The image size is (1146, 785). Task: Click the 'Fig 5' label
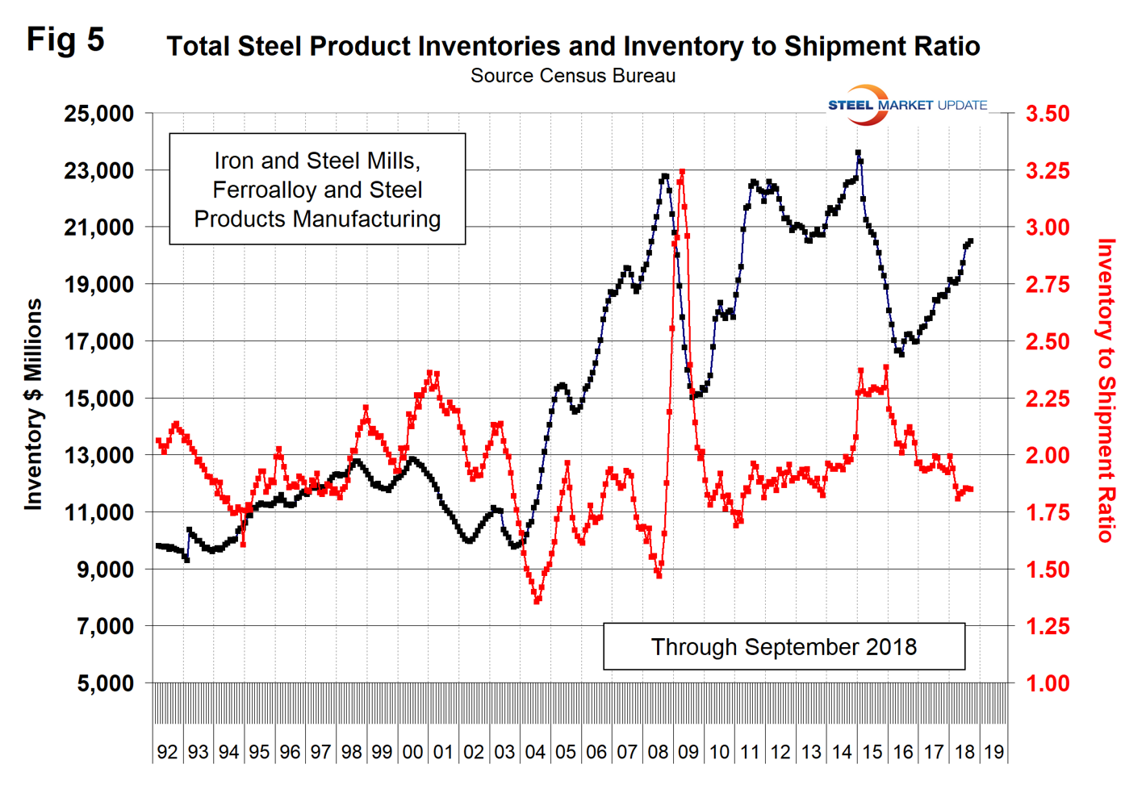(x=65, y=40)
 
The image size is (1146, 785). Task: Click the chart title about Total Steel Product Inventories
(x=573, y=46)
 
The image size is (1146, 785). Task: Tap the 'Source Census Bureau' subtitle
(x=573, y=76)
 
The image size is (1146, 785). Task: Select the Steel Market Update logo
(x=907, y=105)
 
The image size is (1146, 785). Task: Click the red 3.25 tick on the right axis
(x=1048, y=171)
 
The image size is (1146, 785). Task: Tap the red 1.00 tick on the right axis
(x=1048, y=683)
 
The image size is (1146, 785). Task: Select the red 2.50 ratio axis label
(x=1048, y=342)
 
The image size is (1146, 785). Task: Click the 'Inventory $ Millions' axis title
(x=33, y=404)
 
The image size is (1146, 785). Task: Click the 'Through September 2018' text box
(x=784, y=646)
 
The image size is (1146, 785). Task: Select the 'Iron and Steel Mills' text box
(x=317, y=190)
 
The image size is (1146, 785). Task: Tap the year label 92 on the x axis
(x=167, y=752)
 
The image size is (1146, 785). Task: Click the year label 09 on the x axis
(x=688, y=752)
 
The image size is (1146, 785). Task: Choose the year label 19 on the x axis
(x=994, y=752)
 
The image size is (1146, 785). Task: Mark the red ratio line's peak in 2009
(x=682, y=172)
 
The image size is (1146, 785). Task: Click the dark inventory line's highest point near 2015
(x=858, y=152)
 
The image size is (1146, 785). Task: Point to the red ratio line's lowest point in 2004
(x=537, y=601)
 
